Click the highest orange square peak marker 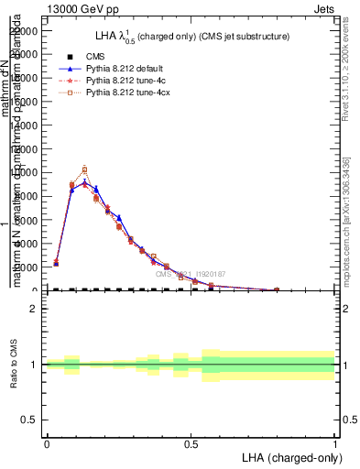click(84, 169)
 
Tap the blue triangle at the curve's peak click(84, 183)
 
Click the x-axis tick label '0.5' click(191, 442)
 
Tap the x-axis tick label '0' click(46, 442)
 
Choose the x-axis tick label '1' click(335, 442)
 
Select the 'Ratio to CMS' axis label click(13, 364)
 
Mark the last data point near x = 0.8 click(277, 289)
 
